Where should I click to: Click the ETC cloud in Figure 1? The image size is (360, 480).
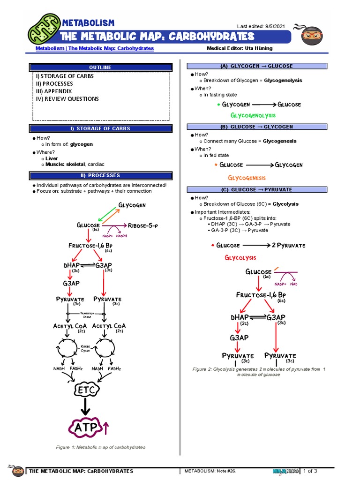coord(87,390)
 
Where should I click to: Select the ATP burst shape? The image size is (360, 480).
coord(85,427)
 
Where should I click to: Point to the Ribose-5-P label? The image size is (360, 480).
coord(143,225)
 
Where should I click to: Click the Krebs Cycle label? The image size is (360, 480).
coord(85,348)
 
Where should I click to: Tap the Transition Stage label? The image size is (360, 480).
coord(87,315)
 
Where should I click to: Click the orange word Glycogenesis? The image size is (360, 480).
coord(247,178)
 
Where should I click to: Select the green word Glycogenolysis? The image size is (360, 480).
coord(253,115)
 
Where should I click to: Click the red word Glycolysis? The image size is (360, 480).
coord(240,258)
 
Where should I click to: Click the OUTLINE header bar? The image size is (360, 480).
coord(100,67)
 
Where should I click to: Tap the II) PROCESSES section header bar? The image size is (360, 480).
coord(100,175)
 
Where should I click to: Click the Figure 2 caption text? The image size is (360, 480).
coord(259,372)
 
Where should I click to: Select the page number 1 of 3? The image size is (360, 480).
coord(310,471)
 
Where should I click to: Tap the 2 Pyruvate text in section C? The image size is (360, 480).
coord(288,245)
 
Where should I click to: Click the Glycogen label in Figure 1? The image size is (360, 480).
coord(132,205)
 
